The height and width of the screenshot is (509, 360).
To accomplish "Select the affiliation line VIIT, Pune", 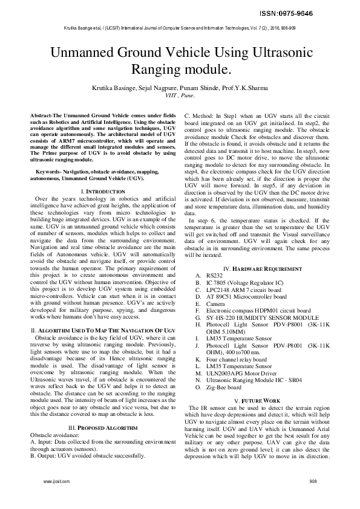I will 180,96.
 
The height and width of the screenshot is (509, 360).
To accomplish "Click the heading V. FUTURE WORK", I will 261,384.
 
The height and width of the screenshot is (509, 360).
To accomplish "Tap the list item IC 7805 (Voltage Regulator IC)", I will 244,282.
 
